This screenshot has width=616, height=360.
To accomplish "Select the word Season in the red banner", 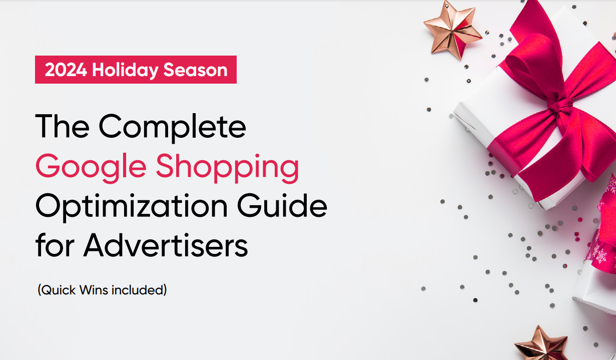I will click(x=196, y=70).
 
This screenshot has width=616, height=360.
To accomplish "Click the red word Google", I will click(x=90, y=168).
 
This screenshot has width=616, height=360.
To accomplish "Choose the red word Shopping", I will click(x=228, y=168).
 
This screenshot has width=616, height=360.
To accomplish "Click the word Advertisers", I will click(x=166, y=245).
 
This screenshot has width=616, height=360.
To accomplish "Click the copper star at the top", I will click(x=451, y=30).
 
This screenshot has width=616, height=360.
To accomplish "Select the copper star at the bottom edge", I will click(x=540, y=345).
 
